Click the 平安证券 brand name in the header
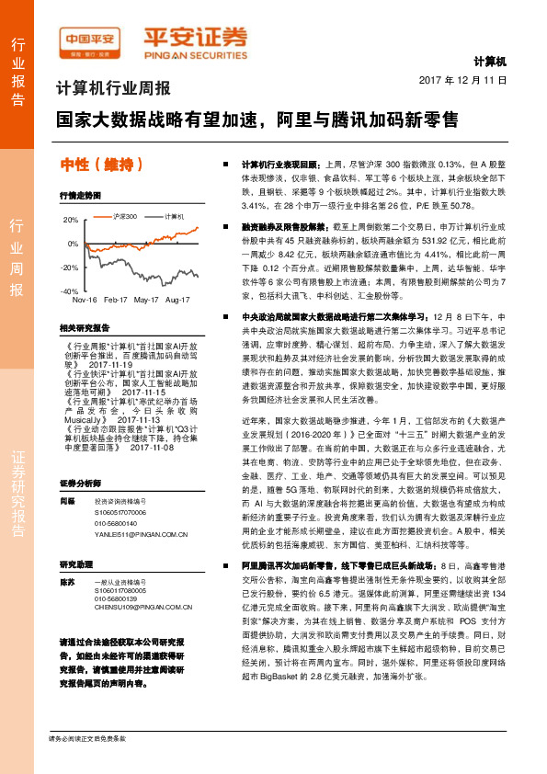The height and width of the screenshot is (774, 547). coord(194,36)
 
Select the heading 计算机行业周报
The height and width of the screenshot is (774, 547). coord(113,89)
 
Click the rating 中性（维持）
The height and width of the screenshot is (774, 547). coord(101,165)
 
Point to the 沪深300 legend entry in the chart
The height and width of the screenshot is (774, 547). coord(126,216)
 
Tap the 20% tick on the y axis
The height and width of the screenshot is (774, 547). coord(71,221)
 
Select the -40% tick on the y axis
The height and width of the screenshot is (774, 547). coord(71,290)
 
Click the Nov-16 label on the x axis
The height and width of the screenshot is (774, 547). coord(85,300)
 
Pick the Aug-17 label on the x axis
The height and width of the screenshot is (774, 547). coord(177,300)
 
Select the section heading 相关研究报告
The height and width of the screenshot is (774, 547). coord(84,328)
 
